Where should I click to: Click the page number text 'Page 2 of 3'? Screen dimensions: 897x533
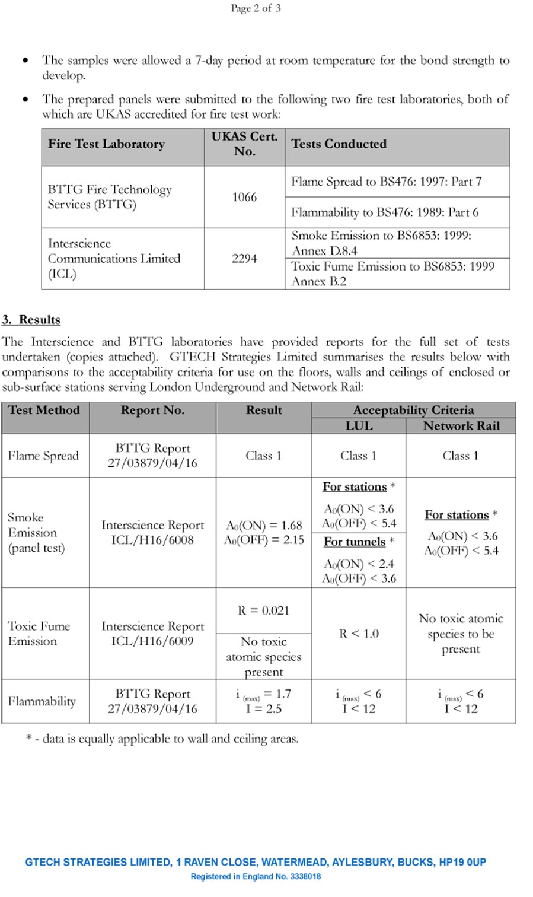[x=256, y=8]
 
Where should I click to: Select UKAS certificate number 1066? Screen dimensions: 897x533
[x=244, y=197]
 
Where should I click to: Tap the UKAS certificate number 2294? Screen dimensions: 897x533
[x=244, y=259]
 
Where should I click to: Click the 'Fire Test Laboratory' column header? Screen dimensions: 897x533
[x=106, y=144]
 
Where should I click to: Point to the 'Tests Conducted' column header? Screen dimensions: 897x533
[x=339, y=144]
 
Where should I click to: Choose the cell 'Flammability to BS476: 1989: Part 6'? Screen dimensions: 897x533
[x=385, y=212]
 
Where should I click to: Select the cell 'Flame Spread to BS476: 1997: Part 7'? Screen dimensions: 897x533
[x=386, y=182]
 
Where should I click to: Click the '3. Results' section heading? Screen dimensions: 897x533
[x=31, y=320]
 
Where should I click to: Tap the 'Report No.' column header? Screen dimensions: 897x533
[x=152, y=411]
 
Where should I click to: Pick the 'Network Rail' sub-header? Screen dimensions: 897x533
[x=461, y=426]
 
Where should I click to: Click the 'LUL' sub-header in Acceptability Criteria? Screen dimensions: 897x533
[x=359, y=426]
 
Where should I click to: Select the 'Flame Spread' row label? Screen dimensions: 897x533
[x=43, y=456]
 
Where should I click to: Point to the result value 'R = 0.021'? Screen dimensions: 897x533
[x=263, y=610]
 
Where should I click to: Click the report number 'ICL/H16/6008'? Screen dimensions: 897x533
[x=152, y=540]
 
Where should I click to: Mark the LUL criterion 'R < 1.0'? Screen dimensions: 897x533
[x=359, y=634]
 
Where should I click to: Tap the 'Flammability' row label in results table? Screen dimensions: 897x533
[x=42, y=701]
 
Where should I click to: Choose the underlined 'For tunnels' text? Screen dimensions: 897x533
[x=355, y=542]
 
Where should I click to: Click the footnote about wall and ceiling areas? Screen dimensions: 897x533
[x=162, y=739]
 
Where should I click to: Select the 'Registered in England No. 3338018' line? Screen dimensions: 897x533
[x=256, y=876]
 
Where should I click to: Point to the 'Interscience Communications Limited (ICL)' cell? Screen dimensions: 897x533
[x=114, y=259]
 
